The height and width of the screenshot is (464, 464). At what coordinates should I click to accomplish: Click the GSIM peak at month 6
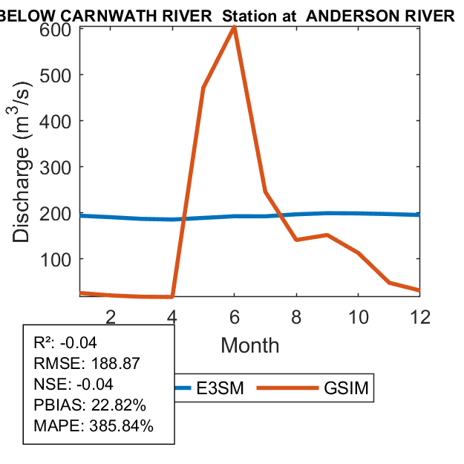(x=235, y=27)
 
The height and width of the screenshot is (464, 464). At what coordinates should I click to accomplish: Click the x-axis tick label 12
(x=420, y=317)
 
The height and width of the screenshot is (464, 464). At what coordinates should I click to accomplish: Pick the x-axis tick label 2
(x=111, y=317)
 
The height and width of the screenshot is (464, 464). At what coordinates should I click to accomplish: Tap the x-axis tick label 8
(x=296, y=317)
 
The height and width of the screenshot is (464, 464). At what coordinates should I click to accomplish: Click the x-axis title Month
(x=250, y=345)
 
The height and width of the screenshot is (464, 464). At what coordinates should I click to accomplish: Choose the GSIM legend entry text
(x=347, y=388)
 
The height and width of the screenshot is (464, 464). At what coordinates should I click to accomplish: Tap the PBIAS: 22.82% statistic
(x=90, y=406)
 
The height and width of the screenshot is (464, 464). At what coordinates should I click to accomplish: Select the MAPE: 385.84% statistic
(x=94, y=427)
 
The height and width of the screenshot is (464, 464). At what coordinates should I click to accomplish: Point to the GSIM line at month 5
(x=203, y=88)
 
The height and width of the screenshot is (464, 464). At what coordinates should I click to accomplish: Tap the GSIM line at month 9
(x=327, y=235)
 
